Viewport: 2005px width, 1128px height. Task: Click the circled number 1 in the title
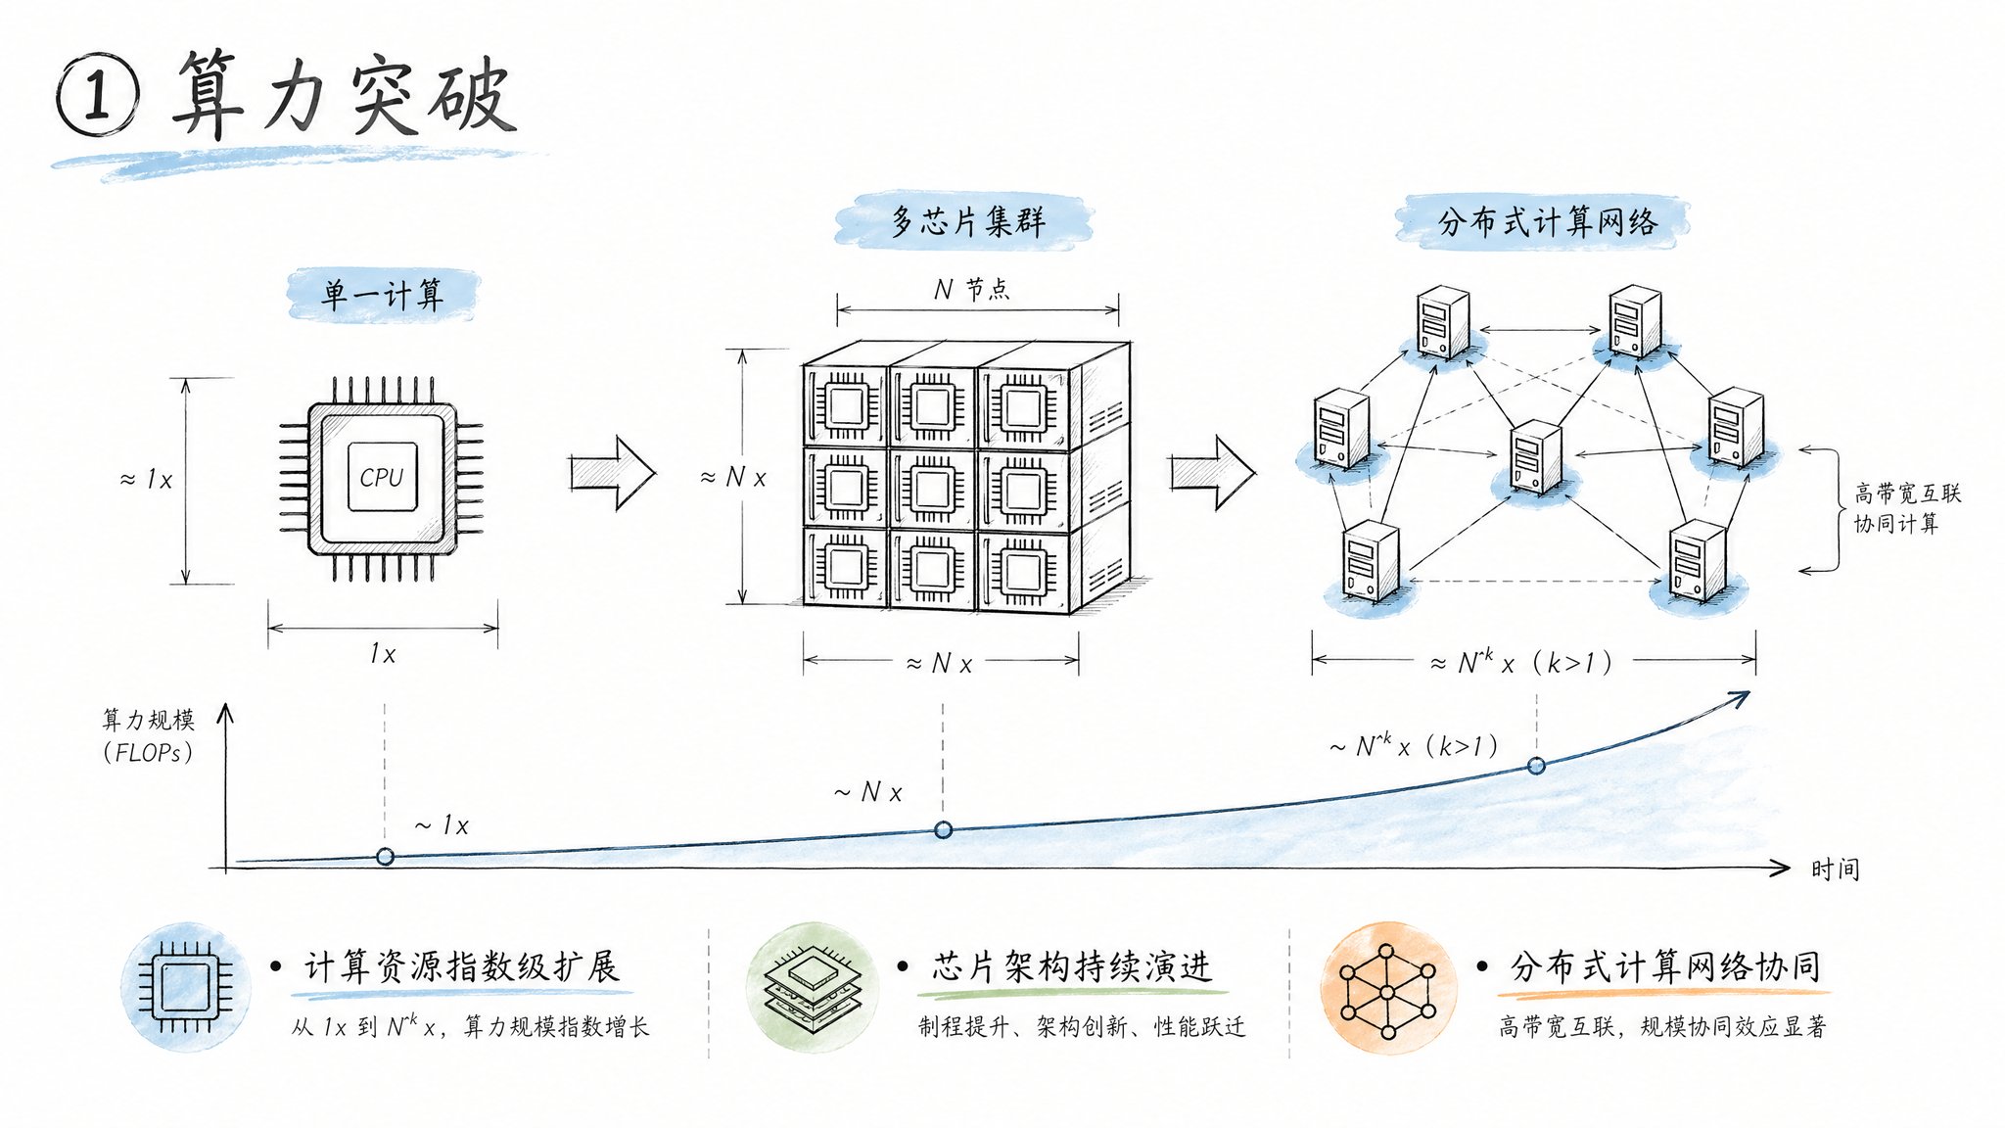[x=97, y=96]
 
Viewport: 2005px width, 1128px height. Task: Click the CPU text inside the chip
[x=382, y=477]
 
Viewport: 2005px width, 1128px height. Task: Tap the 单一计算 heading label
[x=383, y=294]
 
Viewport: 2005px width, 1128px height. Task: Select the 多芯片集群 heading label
[x=966, y=221]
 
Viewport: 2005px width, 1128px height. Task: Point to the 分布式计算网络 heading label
[x=1547, y=222]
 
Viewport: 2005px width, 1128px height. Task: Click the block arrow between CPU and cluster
[x=613, y=473]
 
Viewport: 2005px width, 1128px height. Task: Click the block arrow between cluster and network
[x=1213, y=473]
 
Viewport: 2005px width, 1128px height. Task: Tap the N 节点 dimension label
[x=972, y=289]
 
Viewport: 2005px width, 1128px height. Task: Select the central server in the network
[x=1535, y=456]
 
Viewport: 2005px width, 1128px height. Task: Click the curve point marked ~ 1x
[x=385, y=857]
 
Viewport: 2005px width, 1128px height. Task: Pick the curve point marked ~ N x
[x=943, y=829]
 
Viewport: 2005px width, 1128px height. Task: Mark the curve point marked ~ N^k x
[x=1536, y=765]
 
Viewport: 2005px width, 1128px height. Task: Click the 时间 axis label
[x=1835, y=869]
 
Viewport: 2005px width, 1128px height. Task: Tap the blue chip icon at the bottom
[x=186, y=987]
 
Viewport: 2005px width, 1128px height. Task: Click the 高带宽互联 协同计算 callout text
[x=1906, y=508]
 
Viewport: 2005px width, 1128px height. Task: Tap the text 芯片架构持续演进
[x=1072, y=967]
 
